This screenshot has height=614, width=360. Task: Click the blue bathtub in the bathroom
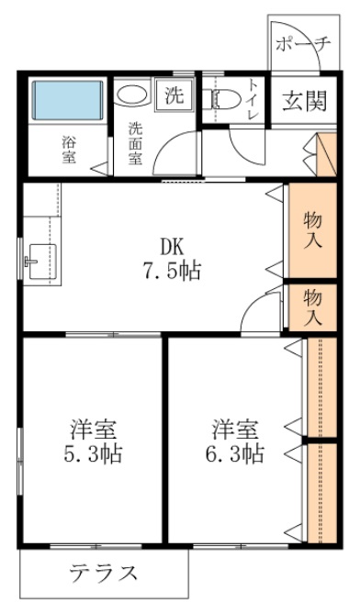click(x=65, y=101)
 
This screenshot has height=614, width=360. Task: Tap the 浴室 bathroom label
click(x=69, y=150)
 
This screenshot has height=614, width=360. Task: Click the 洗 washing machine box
click(x=174, y=95)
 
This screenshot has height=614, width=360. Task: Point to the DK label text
click(x=172, y=247)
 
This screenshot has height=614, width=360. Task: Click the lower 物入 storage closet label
click(x=312, y=307)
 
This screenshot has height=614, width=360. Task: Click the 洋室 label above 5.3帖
click(x=93, y=429)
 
